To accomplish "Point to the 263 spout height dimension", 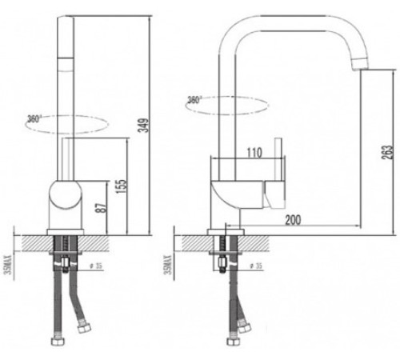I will (x=385, y=152).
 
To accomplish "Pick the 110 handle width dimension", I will (x=254, y=150).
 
